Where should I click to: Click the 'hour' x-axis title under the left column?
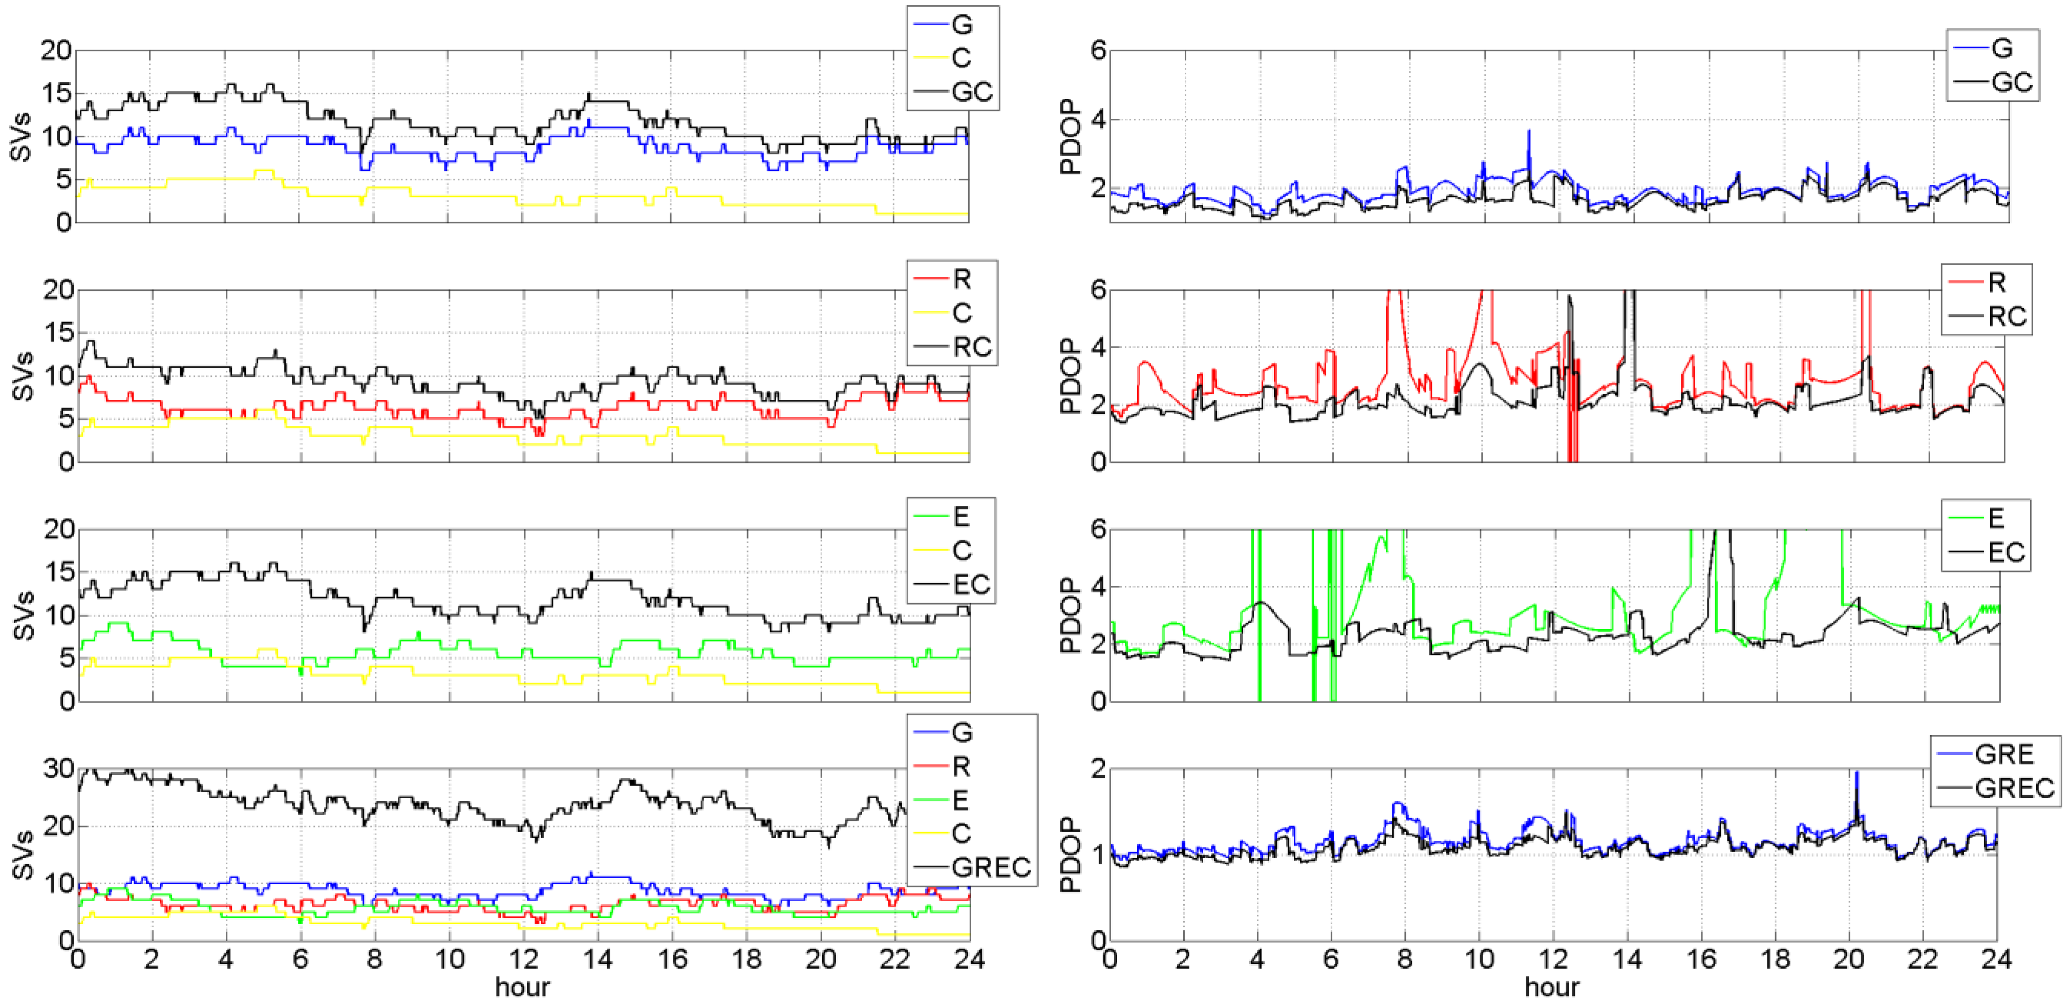pyautogui.click(x=523, y=987)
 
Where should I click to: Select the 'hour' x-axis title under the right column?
pyautogui.click(x=1552, y=987)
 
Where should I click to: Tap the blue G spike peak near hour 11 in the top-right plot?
pyautogui.click(x=1529, y=131)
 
